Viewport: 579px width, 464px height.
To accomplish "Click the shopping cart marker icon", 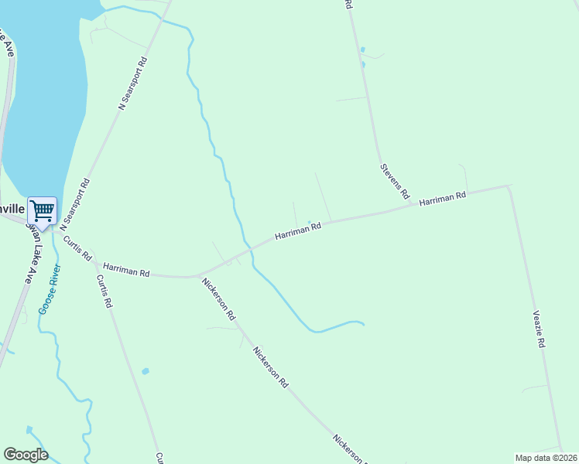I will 42,210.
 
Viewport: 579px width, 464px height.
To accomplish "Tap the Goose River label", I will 50,288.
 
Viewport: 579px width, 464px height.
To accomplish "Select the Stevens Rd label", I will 394,181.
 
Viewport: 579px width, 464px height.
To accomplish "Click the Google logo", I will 26,455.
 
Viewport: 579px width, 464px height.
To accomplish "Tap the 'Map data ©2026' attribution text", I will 546,457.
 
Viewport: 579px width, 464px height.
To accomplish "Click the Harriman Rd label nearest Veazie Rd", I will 442,199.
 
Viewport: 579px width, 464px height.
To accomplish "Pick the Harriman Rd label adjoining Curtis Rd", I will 126,269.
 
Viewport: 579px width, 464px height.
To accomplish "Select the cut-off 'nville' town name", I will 13,209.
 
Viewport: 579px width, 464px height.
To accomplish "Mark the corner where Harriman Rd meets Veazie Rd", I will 507,186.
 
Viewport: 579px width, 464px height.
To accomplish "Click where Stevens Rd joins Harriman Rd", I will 385,212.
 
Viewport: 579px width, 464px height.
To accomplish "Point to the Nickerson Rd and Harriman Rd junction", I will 198,275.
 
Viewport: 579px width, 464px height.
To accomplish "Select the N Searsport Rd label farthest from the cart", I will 132,85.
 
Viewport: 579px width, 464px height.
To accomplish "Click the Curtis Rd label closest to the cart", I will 77,247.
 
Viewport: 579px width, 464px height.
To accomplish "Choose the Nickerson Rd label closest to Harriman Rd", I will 218,299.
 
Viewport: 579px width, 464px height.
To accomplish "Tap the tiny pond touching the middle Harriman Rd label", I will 310,223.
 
